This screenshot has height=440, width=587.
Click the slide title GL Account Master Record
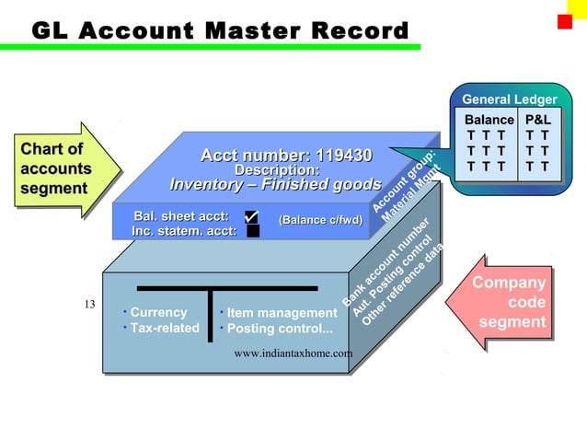[x=220, y=30]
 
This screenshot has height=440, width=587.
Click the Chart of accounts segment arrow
[x=61, y=169]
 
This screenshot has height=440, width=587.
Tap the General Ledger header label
[x=509, y=99]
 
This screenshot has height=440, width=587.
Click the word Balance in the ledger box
[x=489, y=120]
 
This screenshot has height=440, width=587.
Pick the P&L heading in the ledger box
[x=537, y=120]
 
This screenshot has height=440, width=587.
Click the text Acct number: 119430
[x=286, y=155]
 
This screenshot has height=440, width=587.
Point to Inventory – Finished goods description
[x=275, y=184]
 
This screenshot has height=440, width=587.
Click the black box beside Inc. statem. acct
[x=252, y=231]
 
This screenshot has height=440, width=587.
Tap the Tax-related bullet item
[x=164, y=328]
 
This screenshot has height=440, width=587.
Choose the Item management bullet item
[x=282, y=313]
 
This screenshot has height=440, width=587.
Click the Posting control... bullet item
[x=280, y=329]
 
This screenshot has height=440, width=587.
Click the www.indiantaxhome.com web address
[x=293, y=353]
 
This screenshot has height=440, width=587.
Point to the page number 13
[x=89, y=305]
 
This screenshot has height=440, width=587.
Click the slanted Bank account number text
[x=386, y=263]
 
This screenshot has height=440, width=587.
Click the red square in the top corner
[x=565, y=21]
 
